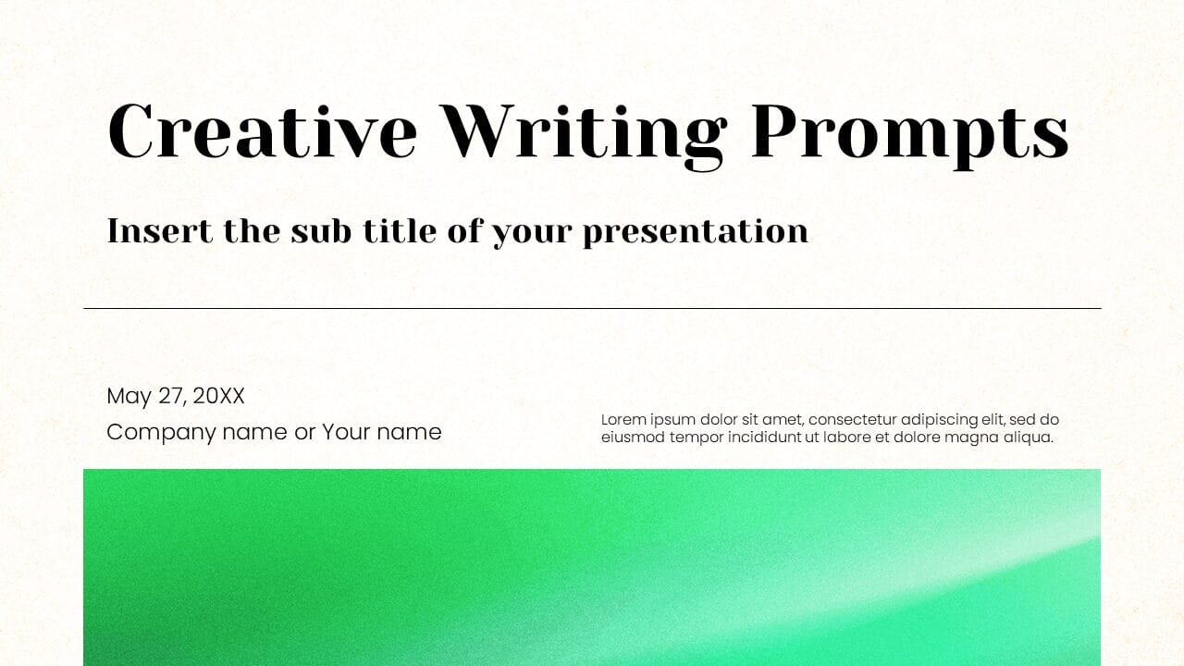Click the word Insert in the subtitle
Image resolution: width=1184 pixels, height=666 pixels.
point(160,230)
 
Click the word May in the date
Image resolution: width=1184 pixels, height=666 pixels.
point(129,397)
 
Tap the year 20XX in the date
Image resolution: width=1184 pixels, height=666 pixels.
point(218,396)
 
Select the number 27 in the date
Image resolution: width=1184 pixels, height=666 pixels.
point(171,396)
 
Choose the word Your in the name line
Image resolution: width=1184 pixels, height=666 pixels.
point(345,431)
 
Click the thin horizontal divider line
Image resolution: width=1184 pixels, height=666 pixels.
point(592,308)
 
